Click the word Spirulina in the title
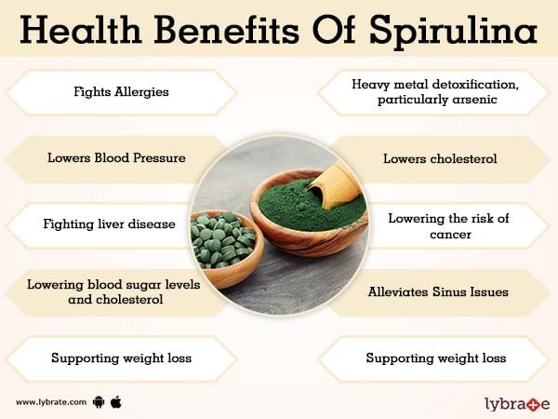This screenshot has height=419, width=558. (453, 31)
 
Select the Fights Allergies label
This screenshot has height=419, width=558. (121, 92)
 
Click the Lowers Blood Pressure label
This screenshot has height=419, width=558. (117, 158)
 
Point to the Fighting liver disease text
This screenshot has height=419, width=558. (109, 224)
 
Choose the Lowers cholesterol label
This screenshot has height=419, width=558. (440, 158)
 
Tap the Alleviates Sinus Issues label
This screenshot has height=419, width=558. (438, 291)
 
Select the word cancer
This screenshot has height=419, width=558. (450, 235)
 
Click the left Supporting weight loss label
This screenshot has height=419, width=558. (121, 358)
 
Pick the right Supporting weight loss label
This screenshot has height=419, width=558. (436, 358)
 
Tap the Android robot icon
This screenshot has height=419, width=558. (99, 402)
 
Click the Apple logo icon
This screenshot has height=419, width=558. (116, 402)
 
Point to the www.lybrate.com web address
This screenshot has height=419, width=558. (51, 402)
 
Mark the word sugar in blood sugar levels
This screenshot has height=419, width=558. (132, 286)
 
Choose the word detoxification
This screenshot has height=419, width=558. (474, 85)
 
